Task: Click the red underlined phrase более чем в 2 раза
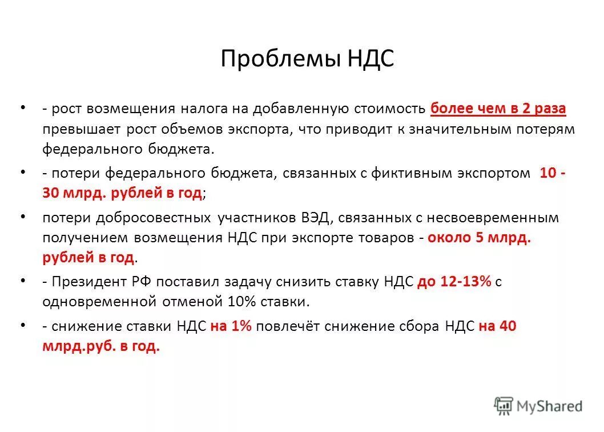pyautogui.click(x=498, y=108)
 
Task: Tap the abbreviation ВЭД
pyautogui.click(x=313, y=218)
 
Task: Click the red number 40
pyautogui.click(x=507, y=326)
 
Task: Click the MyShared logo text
pyautogui.click(x=549, y=406)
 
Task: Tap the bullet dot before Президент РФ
pyautogui.click(x=23, y=281)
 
